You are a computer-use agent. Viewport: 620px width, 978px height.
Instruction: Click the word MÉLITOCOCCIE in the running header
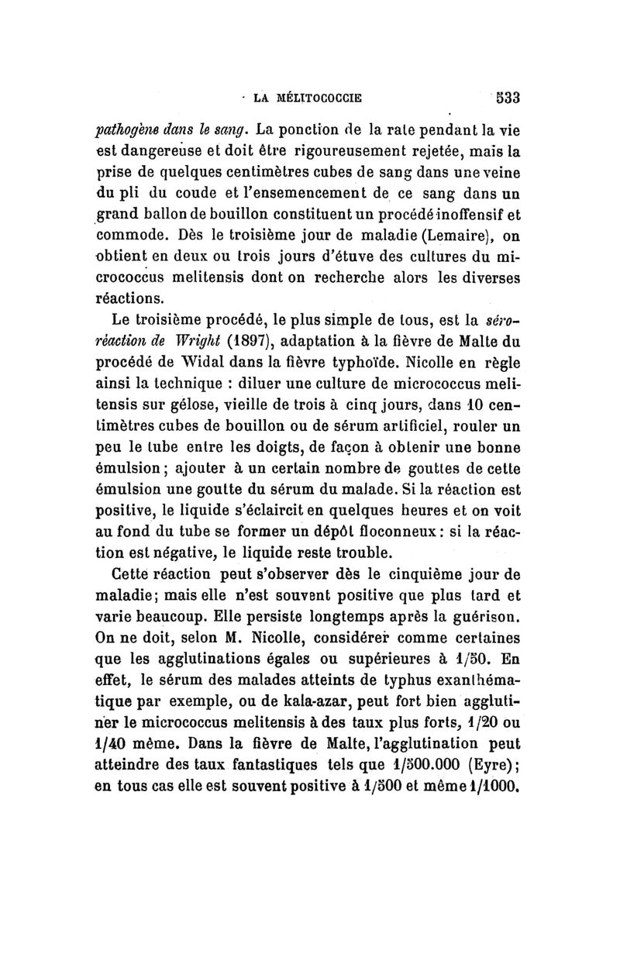[321, 98]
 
